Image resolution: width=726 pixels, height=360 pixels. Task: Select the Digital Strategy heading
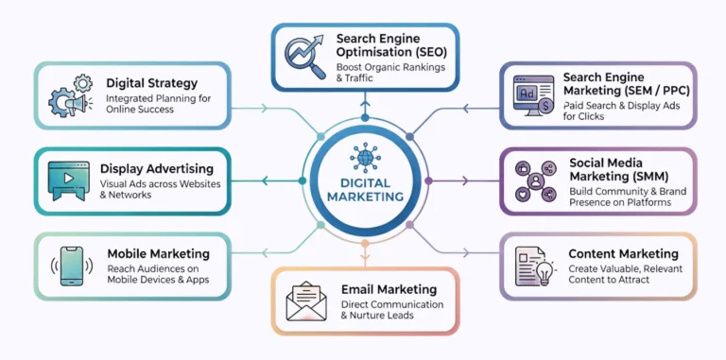(x=152, y=83)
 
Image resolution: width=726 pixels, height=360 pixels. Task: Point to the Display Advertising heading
(x=157, y=168)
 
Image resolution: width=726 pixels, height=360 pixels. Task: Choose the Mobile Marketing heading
(x=157, y=253)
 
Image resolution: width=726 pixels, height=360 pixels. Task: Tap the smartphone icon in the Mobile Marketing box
(x=70, y=266)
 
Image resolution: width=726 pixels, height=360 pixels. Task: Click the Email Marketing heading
(x=390, y=289)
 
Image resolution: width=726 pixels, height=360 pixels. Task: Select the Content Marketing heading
(x=623, y=253)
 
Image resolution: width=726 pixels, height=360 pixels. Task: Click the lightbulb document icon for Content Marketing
(x=534, y=266)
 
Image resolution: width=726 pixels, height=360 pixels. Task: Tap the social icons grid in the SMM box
(x=534, y=181)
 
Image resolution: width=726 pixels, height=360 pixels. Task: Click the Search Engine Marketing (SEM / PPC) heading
(x=615, y=83)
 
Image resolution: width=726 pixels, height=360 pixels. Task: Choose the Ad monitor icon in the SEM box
(x=532, y=96)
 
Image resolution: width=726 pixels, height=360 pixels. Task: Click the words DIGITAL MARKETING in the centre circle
(x=363, y=189)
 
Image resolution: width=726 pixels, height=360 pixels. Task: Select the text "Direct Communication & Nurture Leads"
(x=392, y=311)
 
